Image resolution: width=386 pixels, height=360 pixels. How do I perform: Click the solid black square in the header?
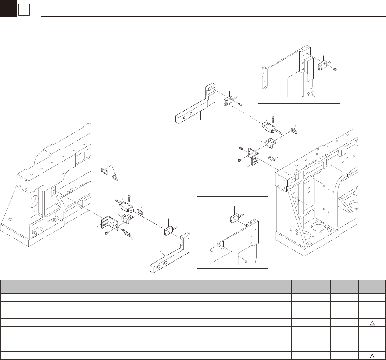pos(8,8)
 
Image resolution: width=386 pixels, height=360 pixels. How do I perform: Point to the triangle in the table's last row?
pos(372,356)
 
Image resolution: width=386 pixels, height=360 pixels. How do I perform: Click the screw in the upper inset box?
pos(334,69)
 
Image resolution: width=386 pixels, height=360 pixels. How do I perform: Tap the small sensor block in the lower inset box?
pos(236,219)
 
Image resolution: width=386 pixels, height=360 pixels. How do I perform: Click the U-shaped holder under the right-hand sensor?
pos(270,144)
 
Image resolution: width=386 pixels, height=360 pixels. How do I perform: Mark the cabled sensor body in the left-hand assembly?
pos(127,207)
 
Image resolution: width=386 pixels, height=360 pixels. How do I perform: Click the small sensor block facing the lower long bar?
pos(168,233)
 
